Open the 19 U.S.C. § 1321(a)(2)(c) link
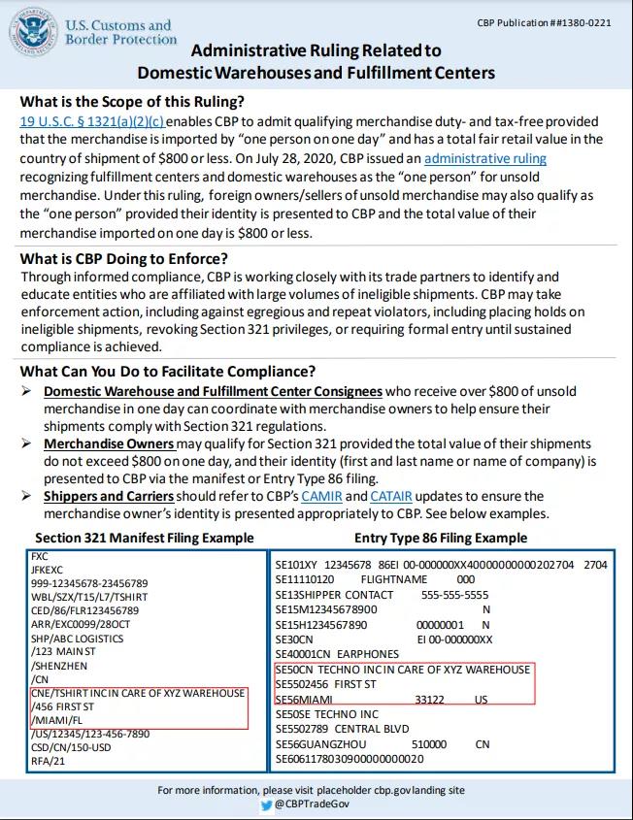click(92, 121)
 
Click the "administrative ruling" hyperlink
click(485, 158)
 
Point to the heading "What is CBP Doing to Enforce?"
click(124, 258)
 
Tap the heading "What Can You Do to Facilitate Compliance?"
click(167, 372)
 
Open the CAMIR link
click(321, 496)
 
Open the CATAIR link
click(392, 496)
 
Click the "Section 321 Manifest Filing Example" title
click(145, 538)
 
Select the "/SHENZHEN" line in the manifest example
click(59, 667)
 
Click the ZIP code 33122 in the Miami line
click(429, 699)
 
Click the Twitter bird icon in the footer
click(266, 804)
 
